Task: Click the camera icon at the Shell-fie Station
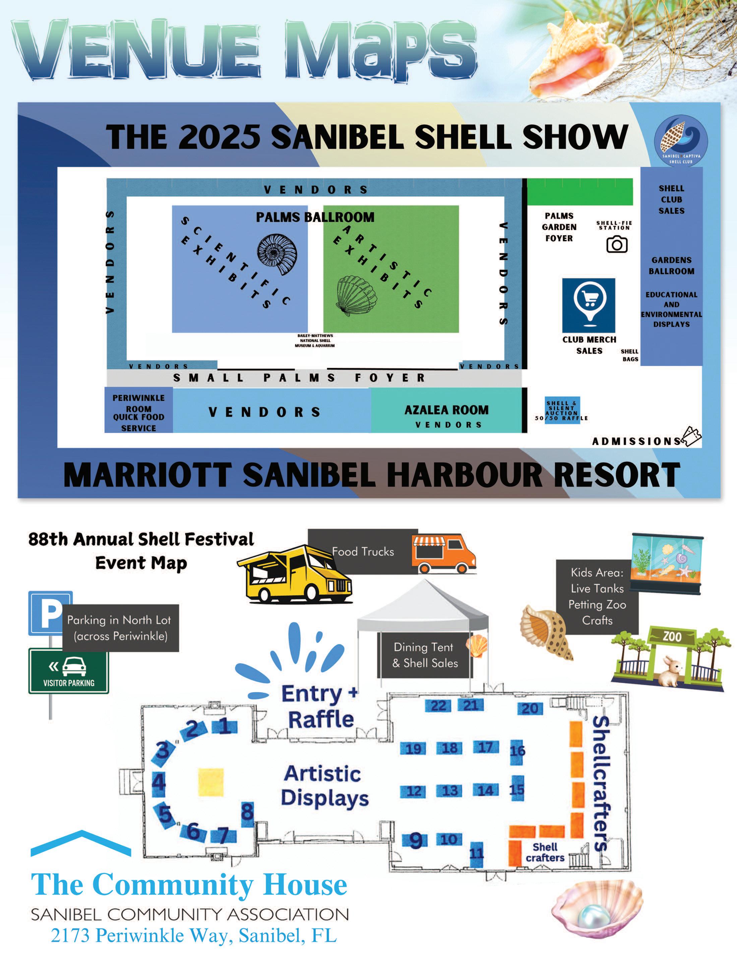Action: [x=617, y=244]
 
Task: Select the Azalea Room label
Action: [x=446, y=410]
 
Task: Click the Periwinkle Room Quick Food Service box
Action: [x=139, y=413]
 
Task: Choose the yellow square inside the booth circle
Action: [x=211, y=782]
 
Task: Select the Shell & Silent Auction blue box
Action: [x=562, y=410]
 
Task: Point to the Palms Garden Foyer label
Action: [x=559, y=227]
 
